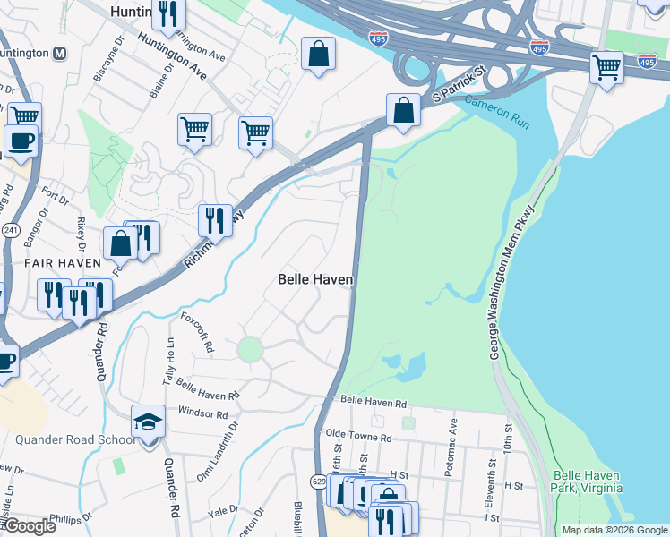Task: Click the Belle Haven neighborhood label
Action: pyautogui.click(x=314, y=279)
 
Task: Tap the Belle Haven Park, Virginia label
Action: pyautogui.click(x=588, y=482)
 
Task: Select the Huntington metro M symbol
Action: pyautogui.click(x=60, y=53)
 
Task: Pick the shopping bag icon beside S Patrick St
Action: pyautogui.click(x=404, y=111)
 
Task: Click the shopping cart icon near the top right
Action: pyautogui.click(x=606, y=66)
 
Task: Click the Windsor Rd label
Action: pyautogui.click(x=184, y=413)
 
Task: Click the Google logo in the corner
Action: pyautogui.click(x=29, y=526)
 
